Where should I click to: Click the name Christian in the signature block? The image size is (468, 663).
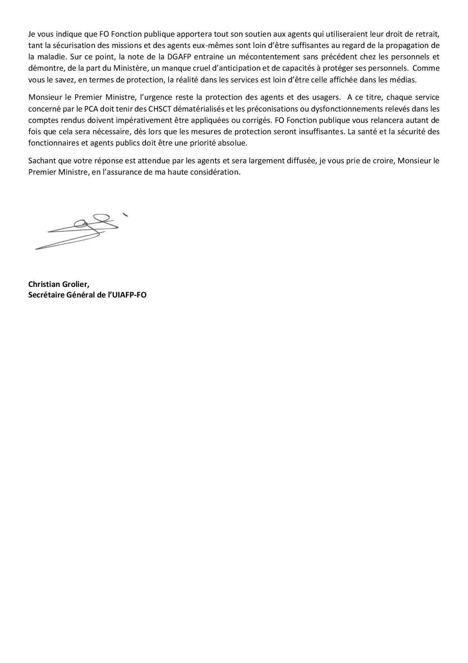coord(44,284)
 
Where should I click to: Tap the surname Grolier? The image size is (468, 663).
coord(76,284)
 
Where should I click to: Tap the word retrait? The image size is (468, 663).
coord(428,34)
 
